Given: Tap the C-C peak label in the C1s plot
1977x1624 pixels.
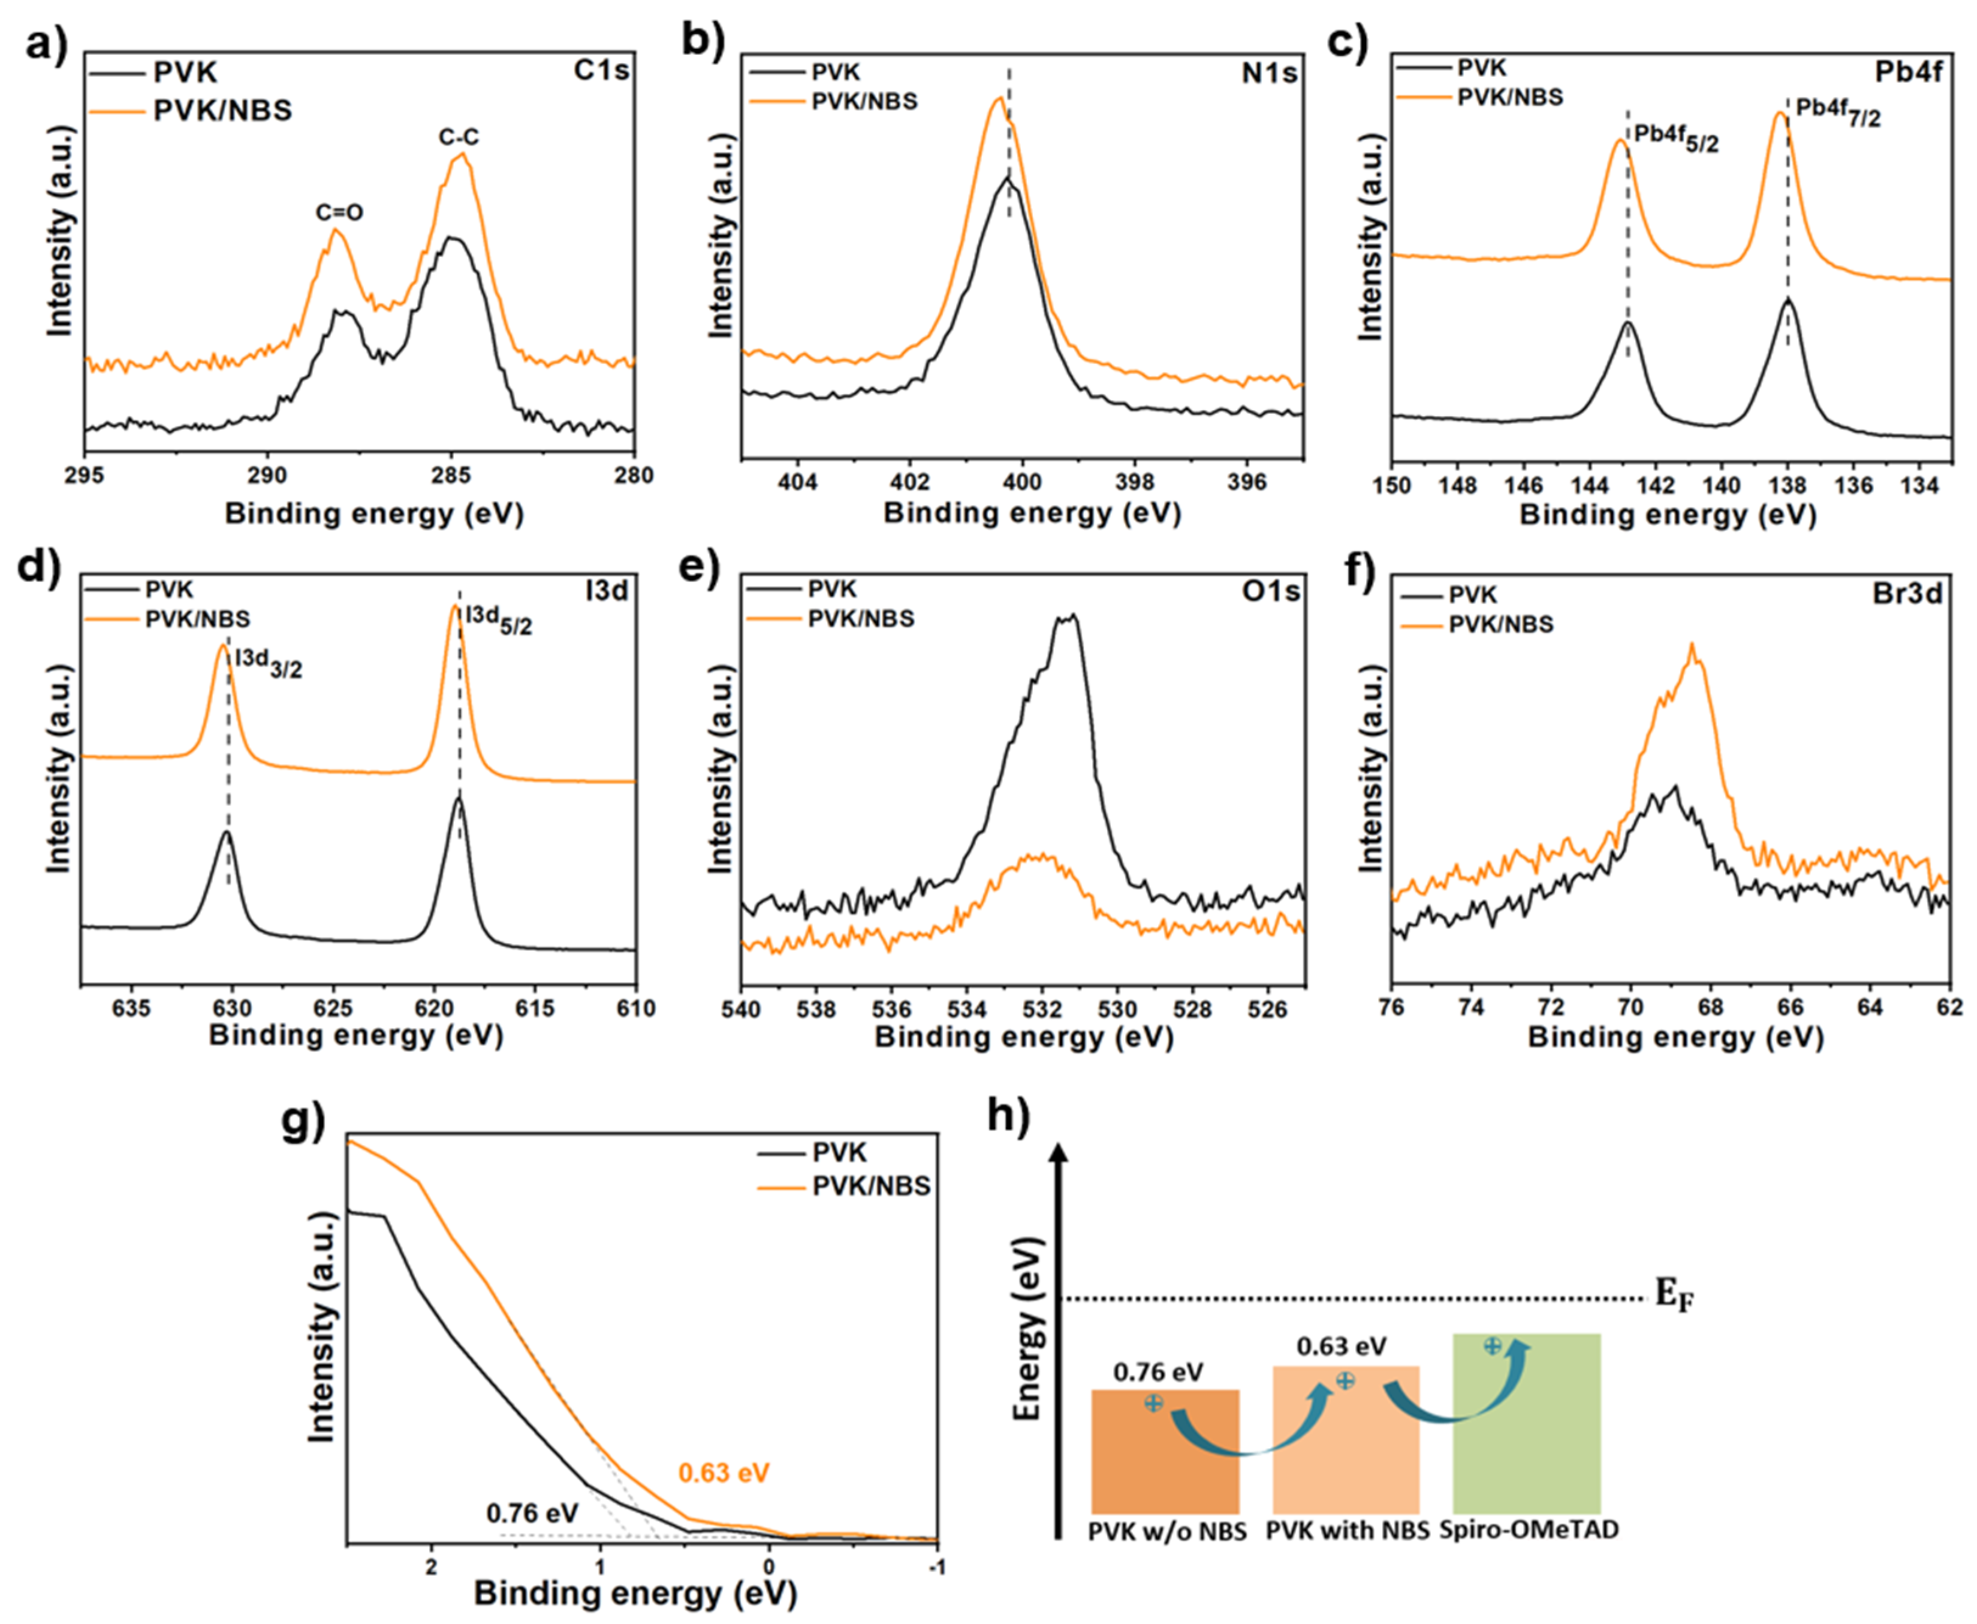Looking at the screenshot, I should click(x=458, y=138).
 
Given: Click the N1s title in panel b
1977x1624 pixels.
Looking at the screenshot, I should click(x=1268, y=73).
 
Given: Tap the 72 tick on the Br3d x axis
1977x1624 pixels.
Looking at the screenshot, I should click(x=1551, y=1009).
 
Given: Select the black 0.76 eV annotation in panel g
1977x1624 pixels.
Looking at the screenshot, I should click(x=532, y=1513).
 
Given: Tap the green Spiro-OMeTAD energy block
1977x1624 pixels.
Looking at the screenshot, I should click(x=1526, y=1422).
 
